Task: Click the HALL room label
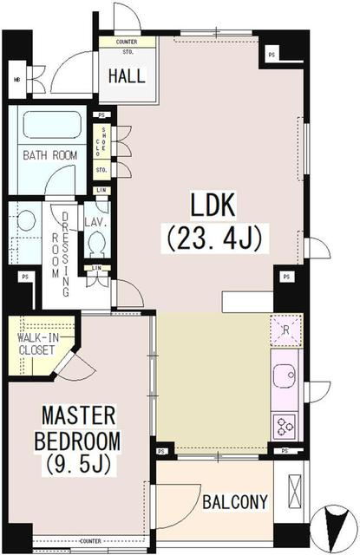tap(127, 75)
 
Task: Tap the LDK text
tap(214, 207)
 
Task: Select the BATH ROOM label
tap(49, 155)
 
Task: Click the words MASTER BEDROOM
tap(78, 428)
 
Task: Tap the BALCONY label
tap(234, 501)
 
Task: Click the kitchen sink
tap(285, 376)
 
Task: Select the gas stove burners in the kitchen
tap(285, 424)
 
